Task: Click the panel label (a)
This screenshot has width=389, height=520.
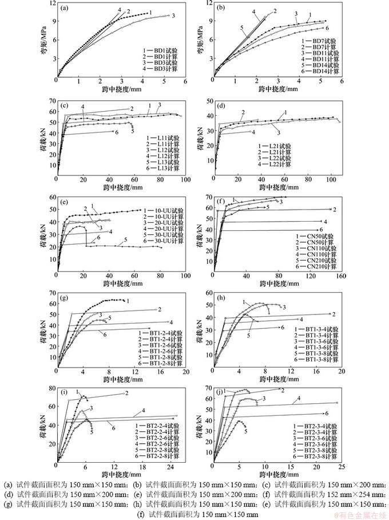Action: pyautogui.click(x=66, y=8)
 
